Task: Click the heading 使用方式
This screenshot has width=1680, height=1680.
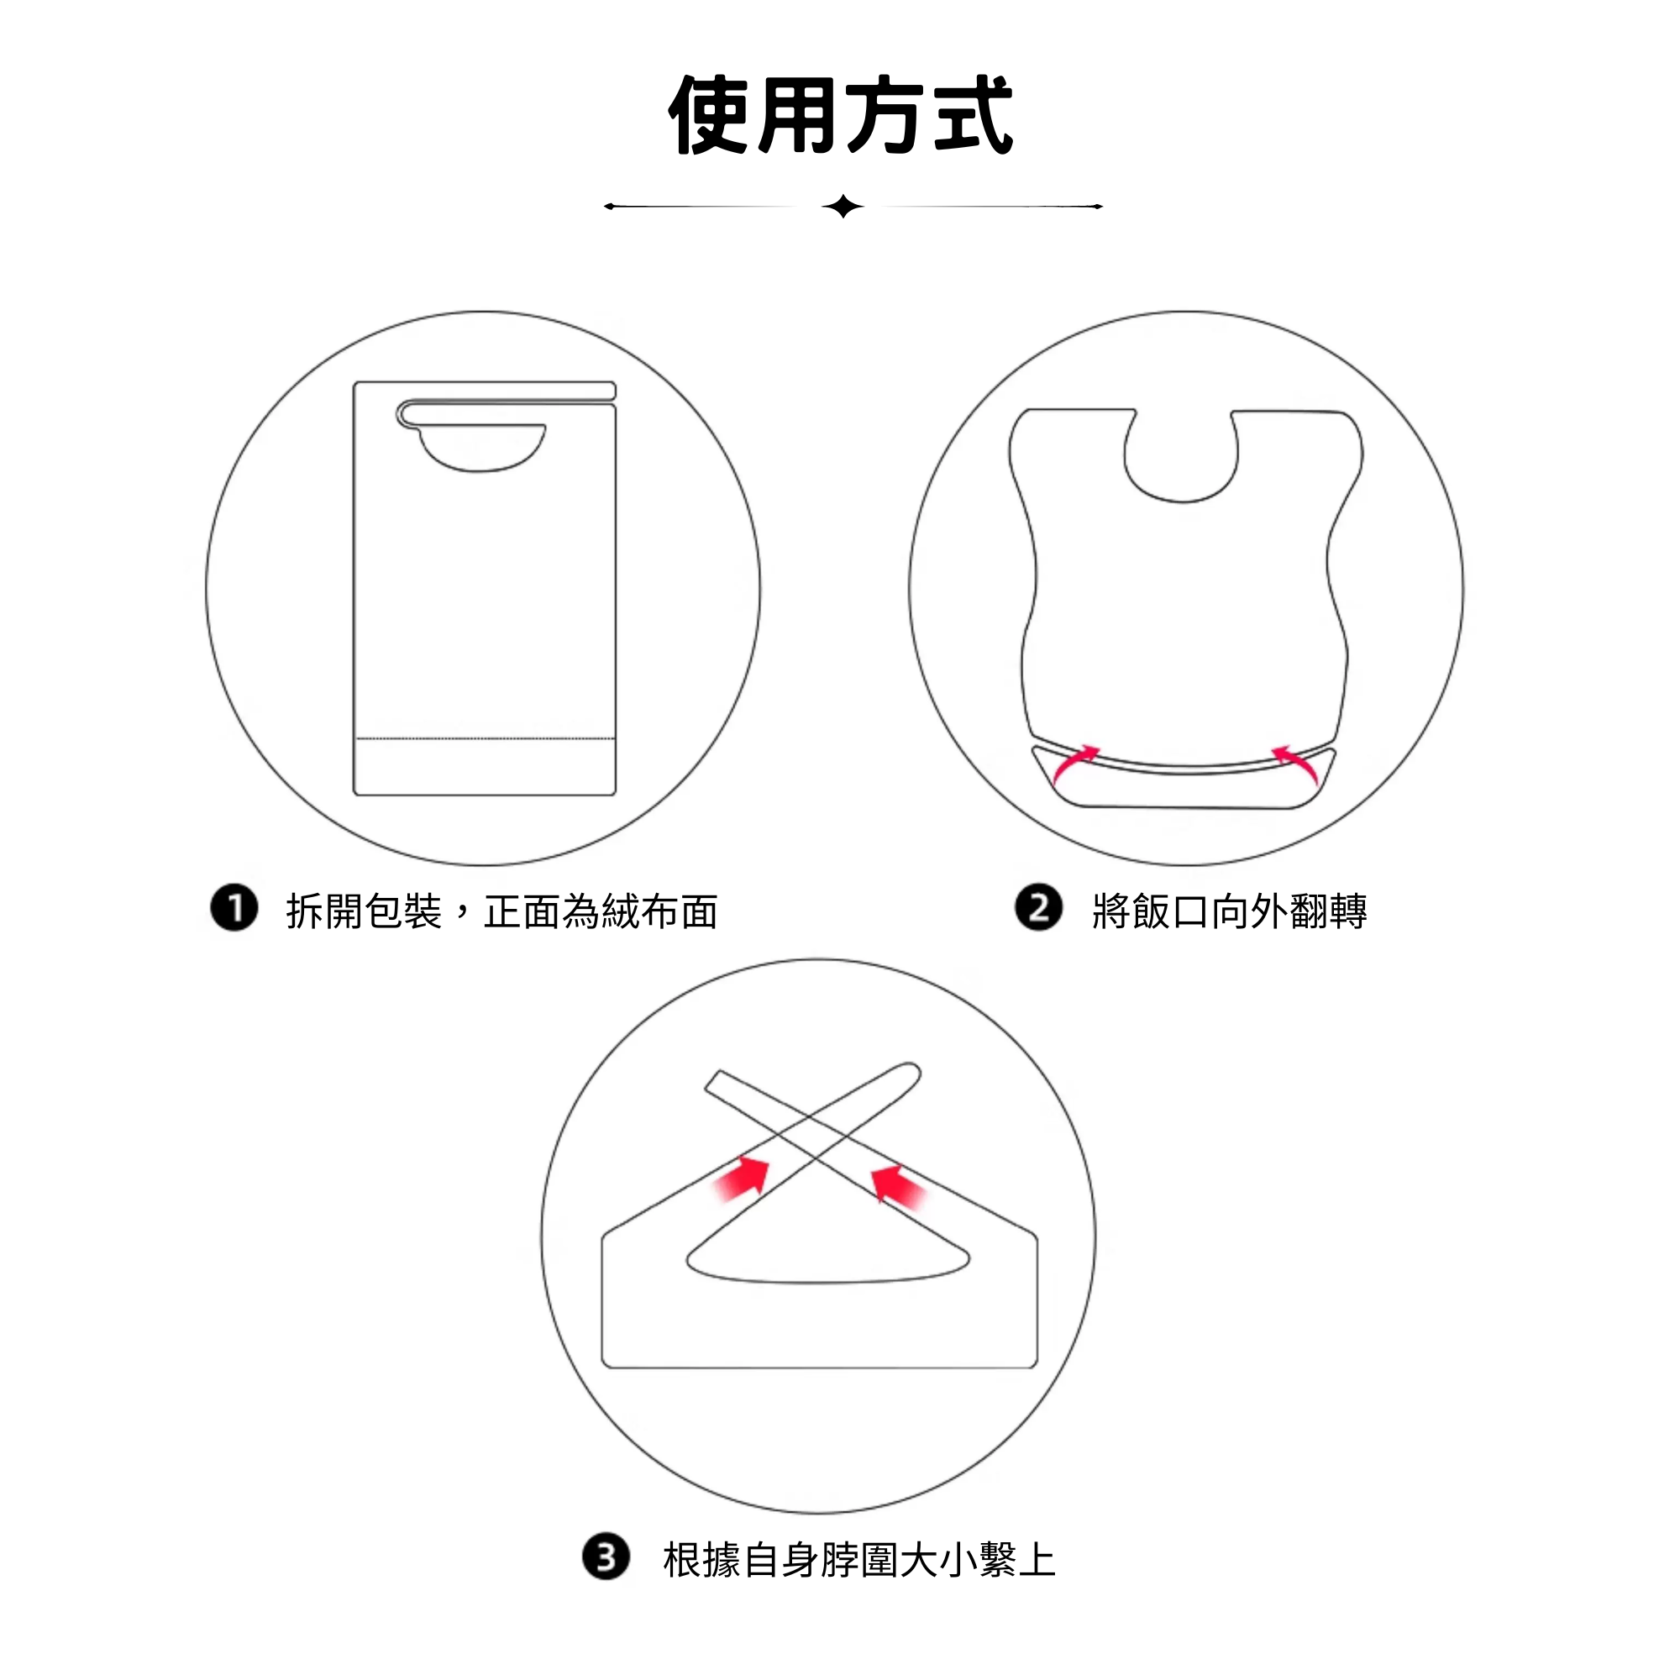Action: pyautogui.click(x=840, y=115)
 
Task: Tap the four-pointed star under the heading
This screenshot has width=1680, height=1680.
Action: pyautogui.click(x=843, y=207)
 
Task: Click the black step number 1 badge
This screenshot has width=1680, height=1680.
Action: pyautogui.click(x=234, y=909)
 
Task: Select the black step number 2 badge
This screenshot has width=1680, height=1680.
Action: pyautogui.click(x=1038, y=908)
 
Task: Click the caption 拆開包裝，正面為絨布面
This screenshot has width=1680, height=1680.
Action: pyautogui.click(x=501, y=911)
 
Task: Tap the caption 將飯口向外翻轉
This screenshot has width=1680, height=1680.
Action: pyautogui.click(x=1230, y=911)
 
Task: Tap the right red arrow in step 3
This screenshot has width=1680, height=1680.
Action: pyautogui.click(x=898, y=1185)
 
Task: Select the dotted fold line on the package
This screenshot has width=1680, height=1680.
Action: pyautogui.click(x=486, y=739)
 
